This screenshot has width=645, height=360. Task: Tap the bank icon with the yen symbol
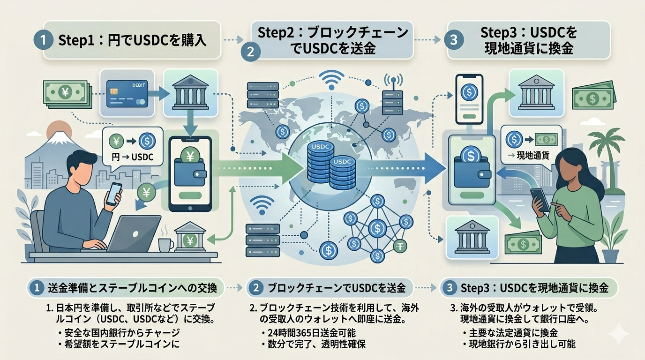(x=191, y=239)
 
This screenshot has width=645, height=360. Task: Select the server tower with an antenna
(x=392, y=96)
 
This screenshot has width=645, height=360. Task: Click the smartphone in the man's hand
(x=113, y=194)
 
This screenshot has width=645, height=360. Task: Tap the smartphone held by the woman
(x=540, y=200)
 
